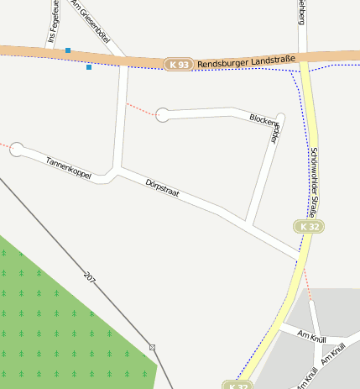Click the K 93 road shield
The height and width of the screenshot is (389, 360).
tap(178, 65)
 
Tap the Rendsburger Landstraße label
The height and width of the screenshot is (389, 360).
tap(245, 62)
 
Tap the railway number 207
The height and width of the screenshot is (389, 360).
tap(90, 276)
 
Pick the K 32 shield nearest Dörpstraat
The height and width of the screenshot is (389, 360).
tap(309, 227)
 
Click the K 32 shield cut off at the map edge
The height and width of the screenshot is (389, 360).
tap(237, 385)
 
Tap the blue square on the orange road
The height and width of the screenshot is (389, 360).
tap(68, 51)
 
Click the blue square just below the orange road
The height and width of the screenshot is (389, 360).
tap(89, 67)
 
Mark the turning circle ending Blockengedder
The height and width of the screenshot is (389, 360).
tap(163, 115)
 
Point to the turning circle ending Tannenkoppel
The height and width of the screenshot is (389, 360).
tap(17, 150)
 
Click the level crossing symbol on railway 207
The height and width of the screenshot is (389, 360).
tap(152, 347)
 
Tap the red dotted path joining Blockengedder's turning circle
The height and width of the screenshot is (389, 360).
tap(140, 109)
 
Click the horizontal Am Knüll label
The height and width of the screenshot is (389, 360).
tap(311, 336)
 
